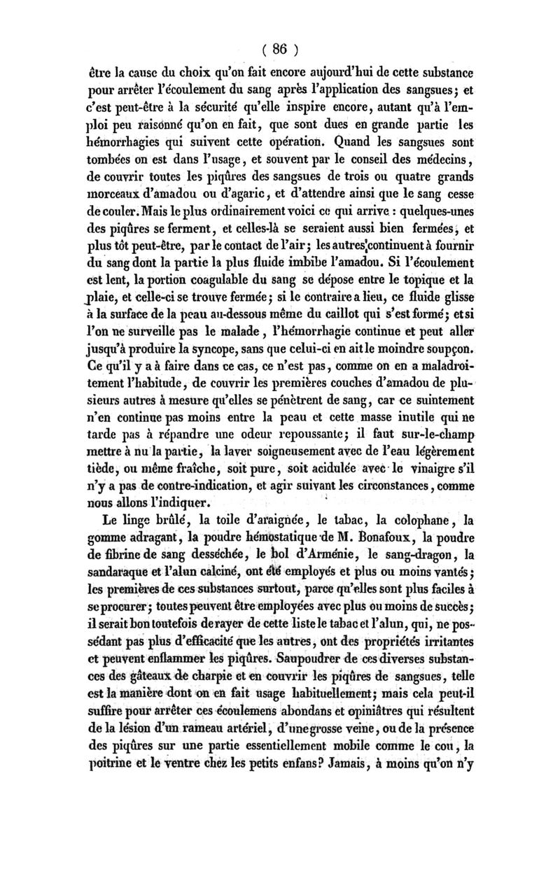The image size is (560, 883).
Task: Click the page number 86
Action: coord(279,49)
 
